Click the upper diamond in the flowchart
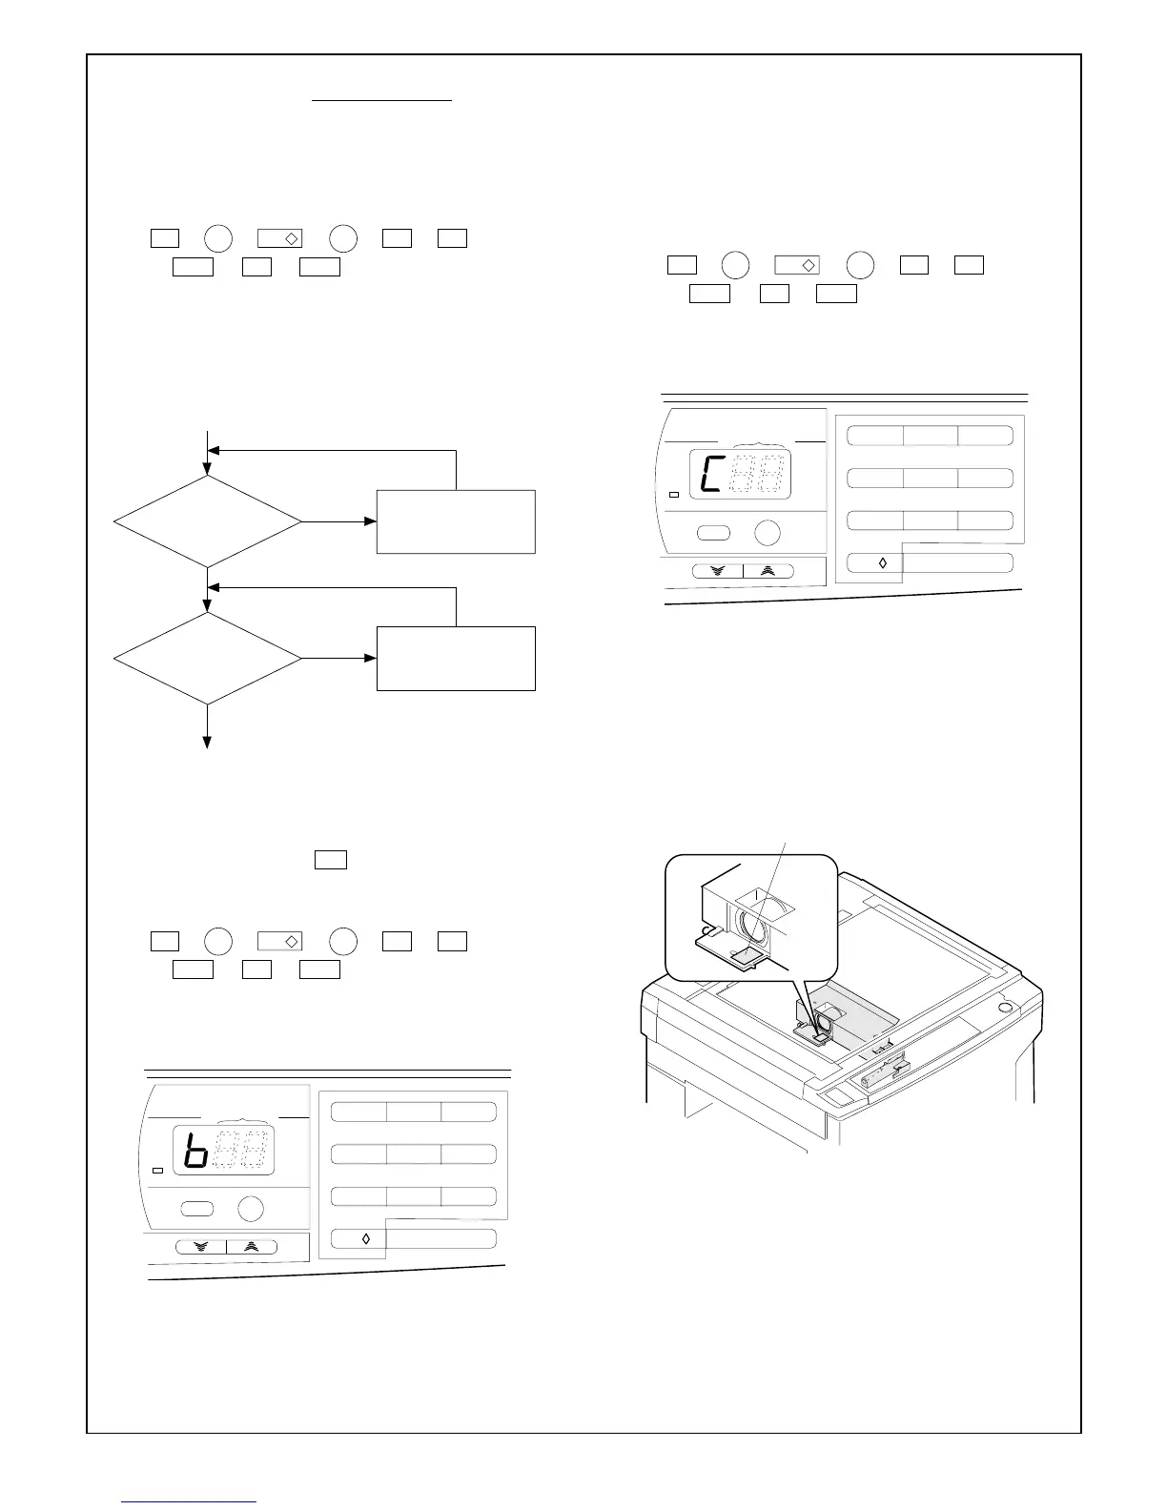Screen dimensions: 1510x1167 [x=207, y=521]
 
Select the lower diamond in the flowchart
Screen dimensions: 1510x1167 [x=207, y=658]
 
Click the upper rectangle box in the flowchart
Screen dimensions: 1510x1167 [x=456, y=521]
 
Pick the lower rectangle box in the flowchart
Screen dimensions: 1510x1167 [x=456, y=658]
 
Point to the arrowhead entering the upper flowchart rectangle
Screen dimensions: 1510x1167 [x=371, y=521]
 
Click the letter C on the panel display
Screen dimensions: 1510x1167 [x=710, y=474]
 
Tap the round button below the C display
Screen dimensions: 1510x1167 [x=767, y=533]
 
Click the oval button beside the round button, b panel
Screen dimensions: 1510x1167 [x=195, y=1209]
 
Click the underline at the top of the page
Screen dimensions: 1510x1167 [x=382, y=99]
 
